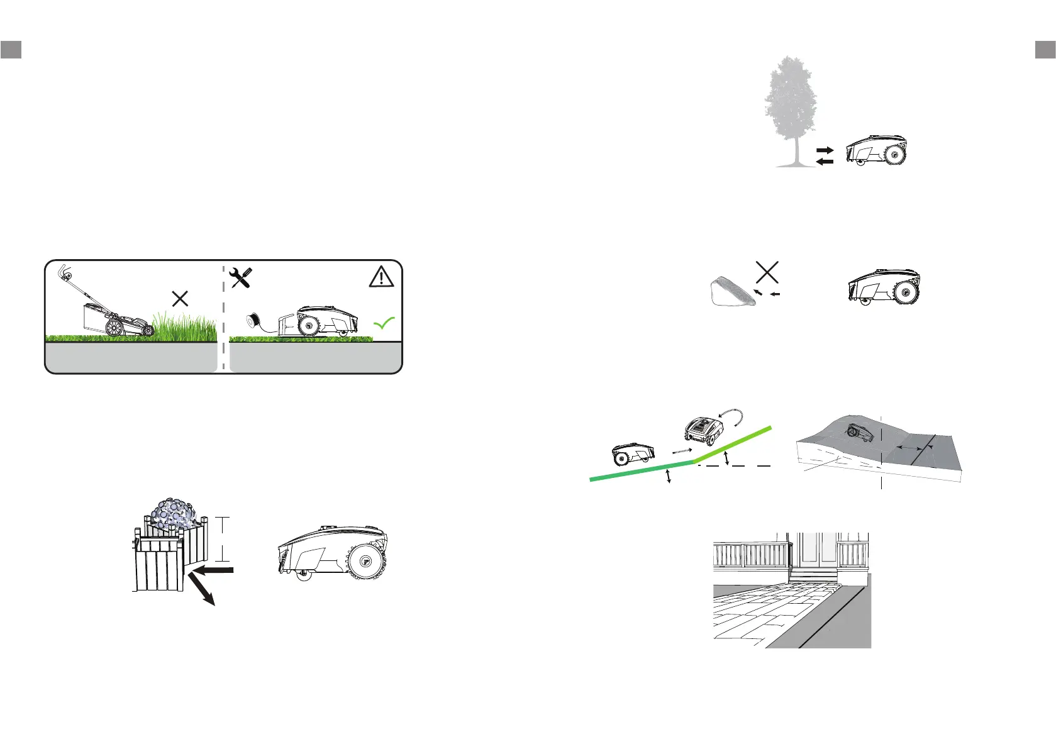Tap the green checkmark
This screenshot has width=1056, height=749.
(384, 323)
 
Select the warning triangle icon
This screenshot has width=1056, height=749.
(381, 277)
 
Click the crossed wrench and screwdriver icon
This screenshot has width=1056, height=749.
(242, 277)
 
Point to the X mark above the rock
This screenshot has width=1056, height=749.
(767, 272)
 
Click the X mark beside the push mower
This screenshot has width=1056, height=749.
(180, 298)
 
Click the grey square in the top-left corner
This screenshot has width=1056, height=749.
(11, 49)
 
